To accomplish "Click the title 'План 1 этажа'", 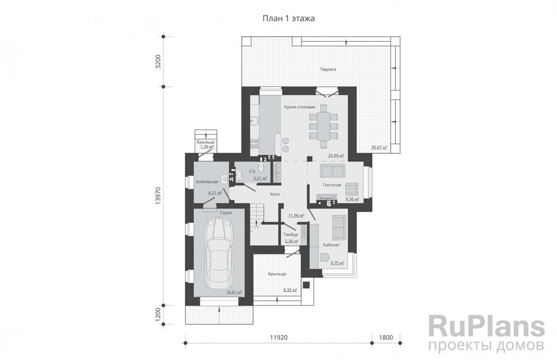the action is [x=288, y=19].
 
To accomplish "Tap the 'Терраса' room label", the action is [x=328, y=69].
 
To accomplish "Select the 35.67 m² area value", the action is [x=379, y=147].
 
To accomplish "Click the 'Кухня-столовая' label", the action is [x=300, y=107].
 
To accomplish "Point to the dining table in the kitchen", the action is [x=324, y=126].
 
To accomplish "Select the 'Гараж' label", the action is [x=226, y=212].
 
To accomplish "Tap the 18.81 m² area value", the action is [x=234, y=292].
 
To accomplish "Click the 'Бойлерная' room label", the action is [x=207, y=182].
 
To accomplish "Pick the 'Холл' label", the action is [x=274, y=194].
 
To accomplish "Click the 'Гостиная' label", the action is [x=332, y=185].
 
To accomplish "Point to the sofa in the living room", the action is [x=332, y=171].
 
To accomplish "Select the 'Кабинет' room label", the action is [x=331, y=245].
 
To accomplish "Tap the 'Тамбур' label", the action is [x=291, y=235].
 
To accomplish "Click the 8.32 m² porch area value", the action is [x=290, y=290].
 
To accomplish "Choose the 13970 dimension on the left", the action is [x=158, y=195].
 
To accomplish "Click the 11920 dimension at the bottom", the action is [x=278, y=337].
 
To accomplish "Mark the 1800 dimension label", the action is [x=386, y=337].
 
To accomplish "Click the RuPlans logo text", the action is [x=486, y=327].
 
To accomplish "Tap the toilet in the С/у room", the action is [x=261, y=167].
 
